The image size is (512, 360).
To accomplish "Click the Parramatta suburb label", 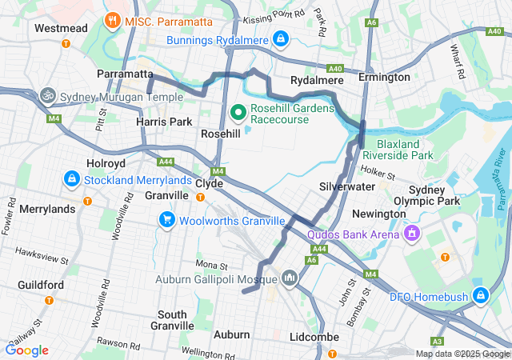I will coord(125,74).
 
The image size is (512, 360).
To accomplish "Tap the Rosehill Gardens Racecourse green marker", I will coord(238,111).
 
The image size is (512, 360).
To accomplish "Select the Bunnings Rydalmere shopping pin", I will coord(280,38).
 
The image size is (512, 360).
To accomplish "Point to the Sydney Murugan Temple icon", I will coord(48,94).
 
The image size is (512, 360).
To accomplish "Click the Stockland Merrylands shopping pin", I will coord(71,178).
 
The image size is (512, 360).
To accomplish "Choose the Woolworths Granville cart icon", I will coord(166,218).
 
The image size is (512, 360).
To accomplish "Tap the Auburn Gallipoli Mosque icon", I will coord(289,278).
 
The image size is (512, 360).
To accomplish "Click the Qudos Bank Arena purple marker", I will coord(412,234).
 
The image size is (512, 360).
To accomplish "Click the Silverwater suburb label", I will coord(347,186).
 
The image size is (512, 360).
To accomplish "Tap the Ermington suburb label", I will coord(384,78).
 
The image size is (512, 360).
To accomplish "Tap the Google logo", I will coord(27,350).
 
